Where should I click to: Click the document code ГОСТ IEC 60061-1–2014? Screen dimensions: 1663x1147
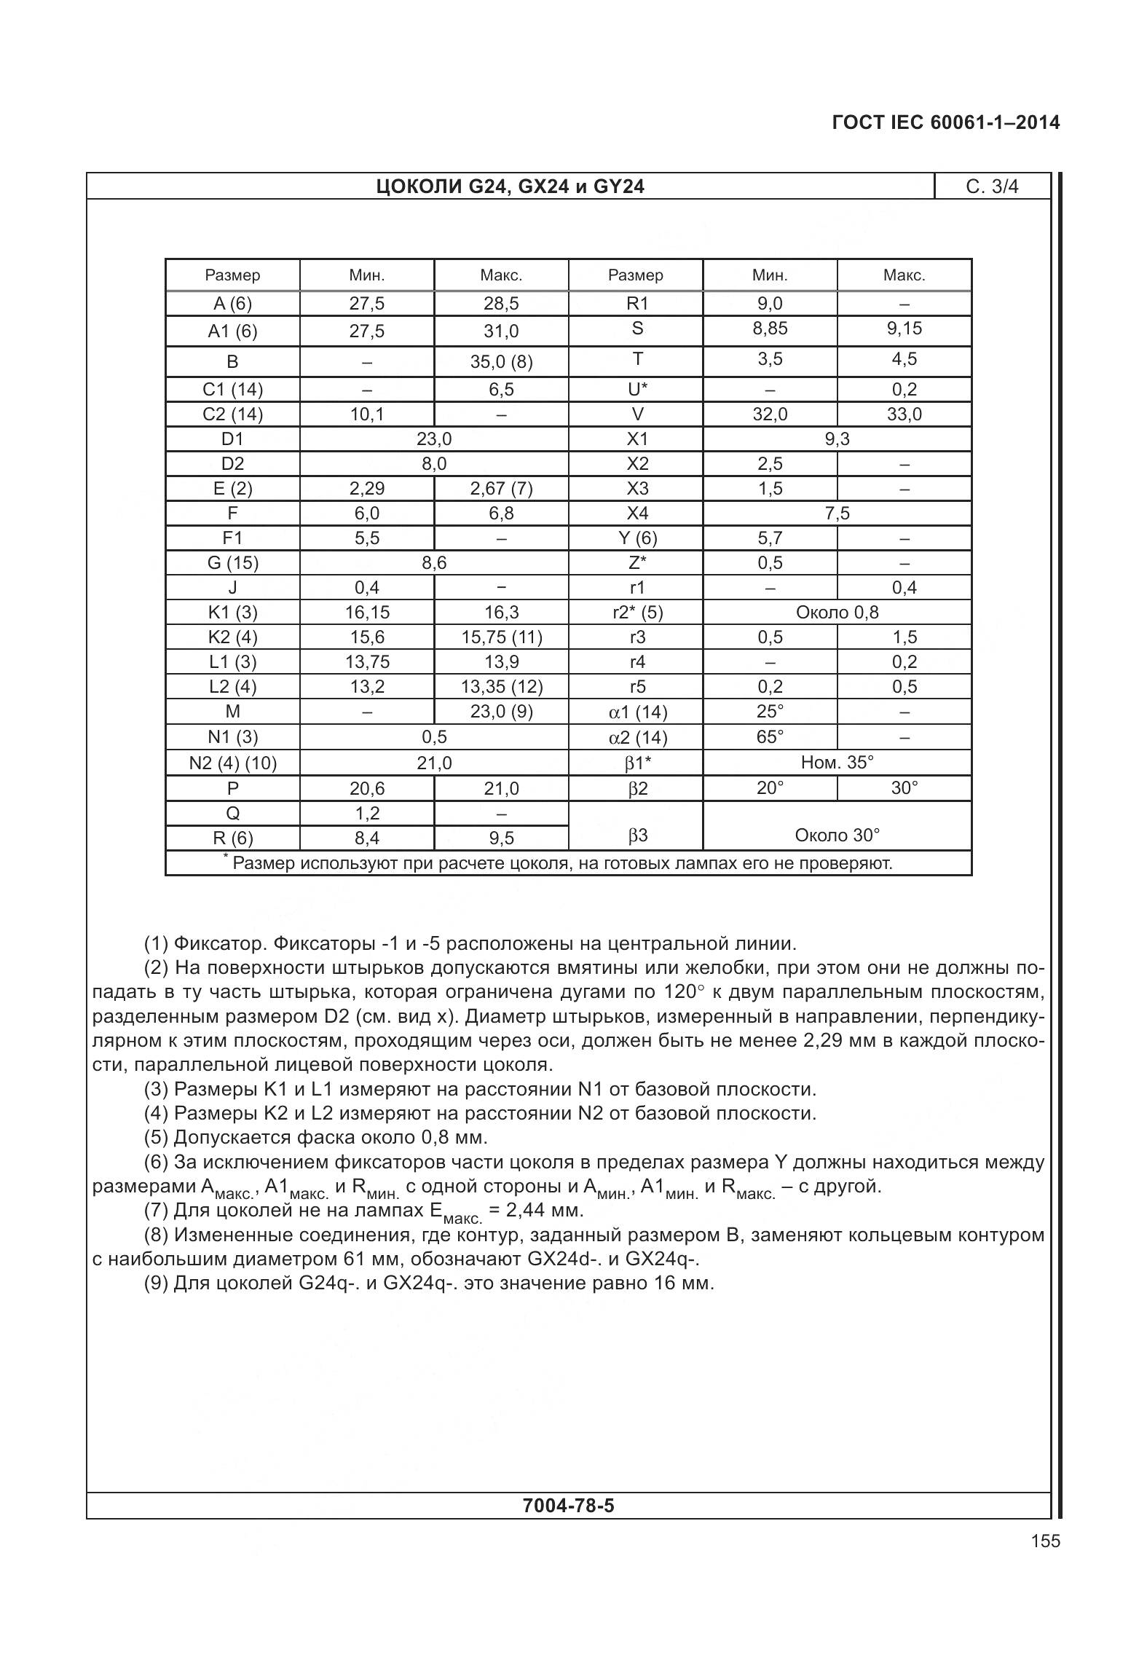click(945, 122)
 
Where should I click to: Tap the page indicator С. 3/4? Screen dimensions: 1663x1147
click(992, 187)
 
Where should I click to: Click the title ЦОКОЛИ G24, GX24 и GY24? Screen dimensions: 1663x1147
click(510, 187)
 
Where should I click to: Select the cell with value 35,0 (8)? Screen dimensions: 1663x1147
click(501, 362)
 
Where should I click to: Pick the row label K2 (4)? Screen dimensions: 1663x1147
click(232, 637)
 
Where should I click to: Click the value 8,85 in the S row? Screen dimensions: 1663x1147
click(770, 329)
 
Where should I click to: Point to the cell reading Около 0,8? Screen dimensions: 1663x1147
click(837, 613)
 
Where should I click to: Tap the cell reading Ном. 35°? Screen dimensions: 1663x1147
click(837, 763)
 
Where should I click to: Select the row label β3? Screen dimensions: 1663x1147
click(636, 836)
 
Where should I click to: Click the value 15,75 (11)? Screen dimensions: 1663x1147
click(501, 637)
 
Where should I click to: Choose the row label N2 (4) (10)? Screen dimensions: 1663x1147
click(232, 763)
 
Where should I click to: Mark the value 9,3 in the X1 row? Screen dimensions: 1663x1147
click(837, 439)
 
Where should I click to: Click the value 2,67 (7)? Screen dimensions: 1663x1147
click(501, 488)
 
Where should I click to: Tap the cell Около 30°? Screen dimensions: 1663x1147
click(837, 836)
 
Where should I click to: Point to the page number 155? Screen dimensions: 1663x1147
click(1045, 1541)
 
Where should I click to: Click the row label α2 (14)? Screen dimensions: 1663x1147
click(636, 738)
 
